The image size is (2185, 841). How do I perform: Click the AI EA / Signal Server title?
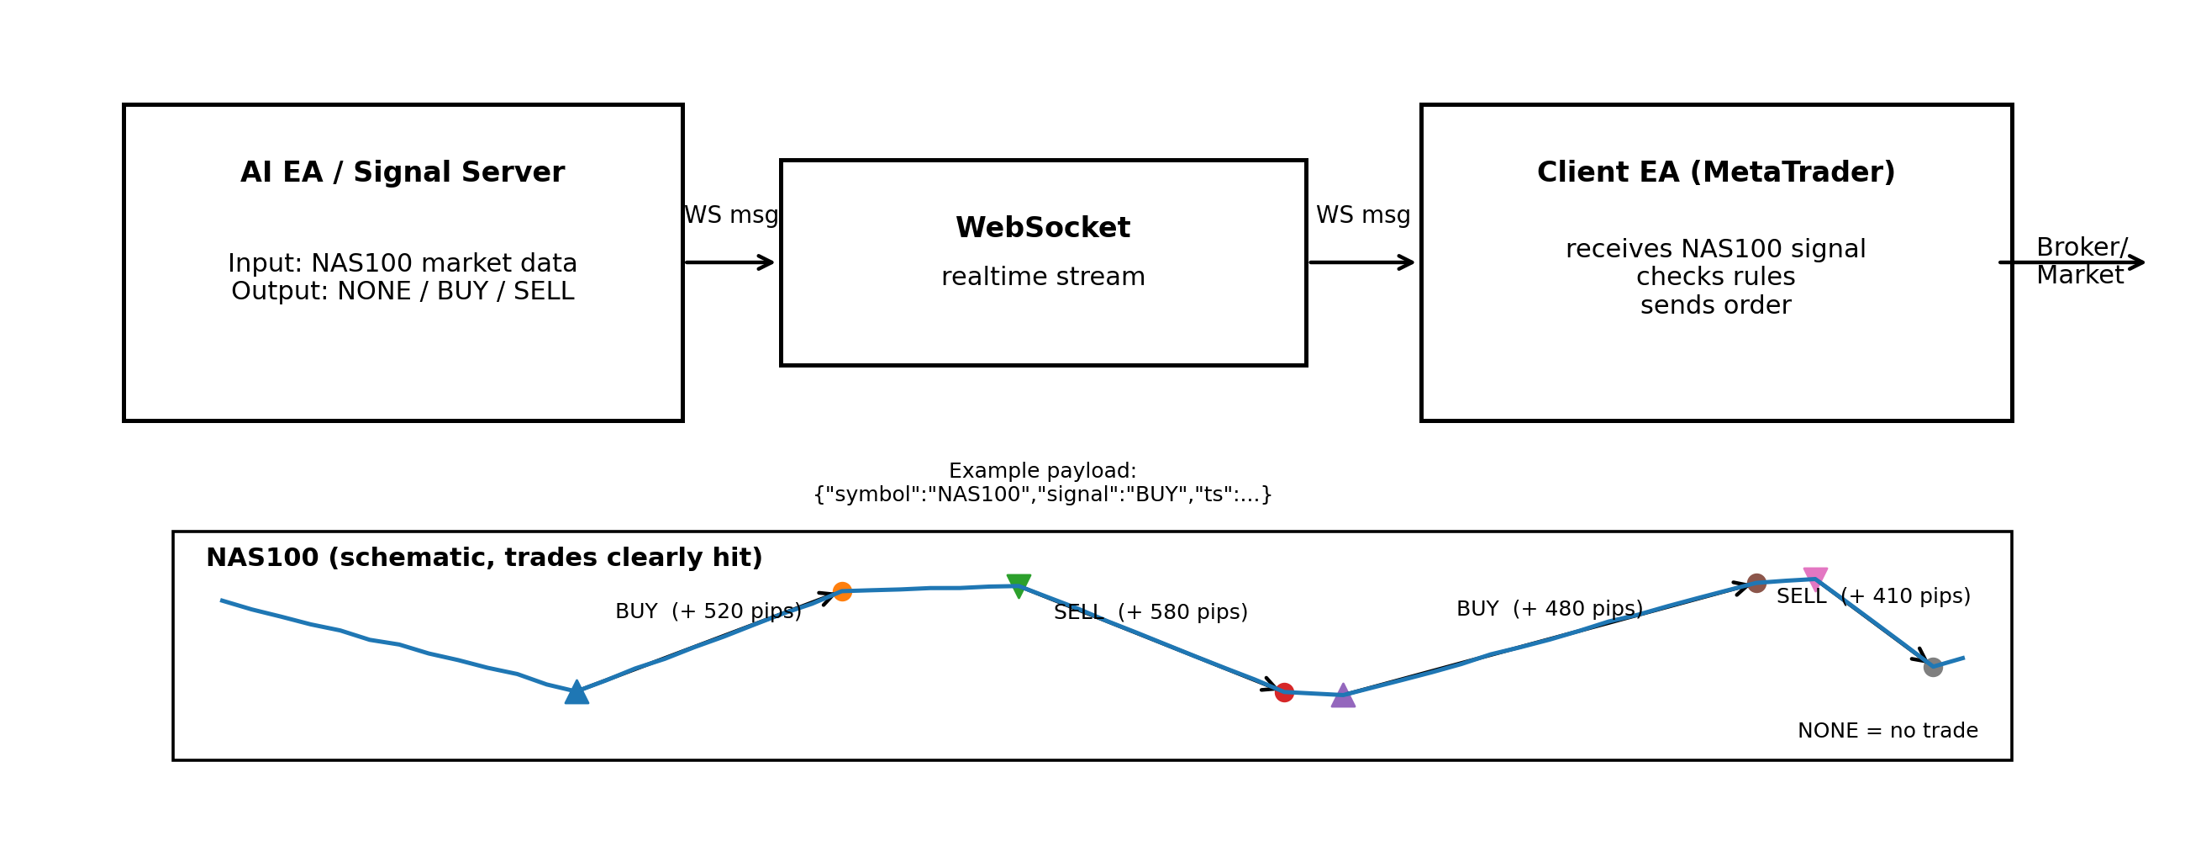(x=402, y=172)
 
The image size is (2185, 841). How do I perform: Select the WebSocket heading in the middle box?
(x=1042, y=227)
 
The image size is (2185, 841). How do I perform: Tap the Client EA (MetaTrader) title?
(x=1715, y=172)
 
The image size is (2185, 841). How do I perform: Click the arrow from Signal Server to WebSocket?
(x=729, y=262)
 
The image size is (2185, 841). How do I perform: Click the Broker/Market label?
(x=2081, y=261)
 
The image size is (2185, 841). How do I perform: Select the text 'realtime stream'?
(x=1042, y=277)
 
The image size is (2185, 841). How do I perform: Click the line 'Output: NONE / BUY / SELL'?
(x=402, y=291)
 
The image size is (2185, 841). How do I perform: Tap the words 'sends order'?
(x=1715, y=304)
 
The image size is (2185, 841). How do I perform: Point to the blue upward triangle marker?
(x=577, y=692)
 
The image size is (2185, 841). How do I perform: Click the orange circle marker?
(x=842, y=591)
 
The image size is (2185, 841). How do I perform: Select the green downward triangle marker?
(x=1019, y=584)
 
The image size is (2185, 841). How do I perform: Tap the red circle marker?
(x=1284, y=692)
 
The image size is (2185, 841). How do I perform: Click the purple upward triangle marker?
(x=1343, y=696)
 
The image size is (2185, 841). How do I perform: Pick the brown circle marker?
(x=1756, y=583)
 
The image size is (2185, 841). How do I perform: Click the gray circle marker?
(x=1933, y=667)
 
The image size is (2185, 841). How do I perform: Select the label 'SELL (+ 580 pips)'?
(x=1150, y=612)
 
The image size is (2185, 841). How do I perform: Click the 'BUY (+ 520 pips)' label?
(x=708, y=611)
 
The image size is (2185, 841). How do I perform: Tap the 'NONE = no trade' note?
(x=1888, y=731)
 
